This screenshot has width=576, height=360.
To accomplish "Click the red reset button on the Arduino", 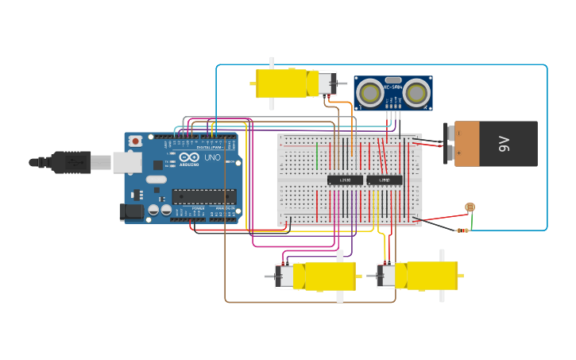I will [x=135, y=141].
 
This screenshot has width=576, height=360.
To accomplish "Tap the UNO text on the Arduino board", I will [x=213, y=157].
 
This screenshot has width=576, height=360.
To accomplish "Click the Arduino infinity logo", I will [x=189, y=157].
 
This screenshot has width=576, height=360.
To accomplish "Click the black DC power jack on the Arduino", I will [x=131, y=211].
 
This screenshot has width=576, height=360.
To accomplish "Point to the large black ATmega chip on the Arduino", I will [x=203, y=195].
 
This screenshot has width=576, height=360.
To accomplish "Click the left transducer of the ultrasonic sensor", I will [x=369, y=93].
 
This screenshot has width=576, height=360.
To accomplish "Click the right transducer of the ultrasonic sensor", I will [x=416, y=93].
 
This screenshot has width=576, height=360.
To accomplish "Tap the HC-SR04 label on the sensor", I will [x=393, y=87].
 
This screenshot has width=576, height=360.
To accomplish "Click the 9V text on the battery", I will [x=504, y=144].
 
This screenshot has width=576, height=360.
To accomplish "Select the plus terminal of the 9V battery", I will [x=449, y=152].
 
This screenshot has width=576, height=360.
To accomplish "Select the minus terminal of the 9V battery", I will [x=449, y=134].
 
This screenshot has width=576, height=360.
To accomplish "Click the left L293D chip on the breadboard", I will [x=345, y=180].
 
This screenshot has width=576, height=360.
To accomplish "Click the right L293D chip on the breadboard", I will [x=385, y=180].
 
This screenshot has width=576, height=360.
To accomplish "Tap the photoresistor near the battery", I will [x=470, y=207].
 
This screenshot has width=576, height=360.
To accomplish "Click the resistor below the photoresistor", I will [x=462, y=230].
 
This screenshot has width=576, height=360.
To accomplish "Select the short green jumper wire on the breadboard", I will [x=316, y=155].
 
